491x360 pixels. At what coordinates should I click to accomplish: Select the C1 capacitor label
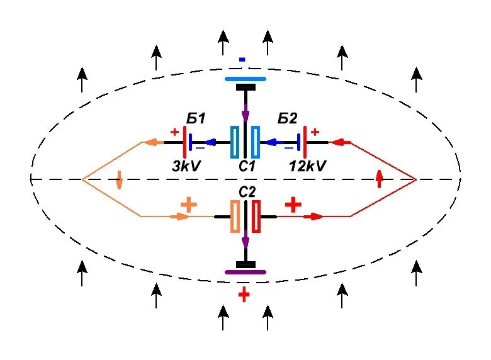245,167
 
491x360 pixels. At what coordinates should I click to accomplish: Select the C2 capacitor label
245,191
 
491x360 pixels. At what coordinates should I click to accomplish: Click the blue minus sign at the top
242,60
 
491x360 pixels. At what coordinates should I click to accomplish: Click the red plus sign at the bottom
244,295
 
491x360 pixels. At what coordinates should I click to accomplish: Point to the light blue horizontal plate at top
245,80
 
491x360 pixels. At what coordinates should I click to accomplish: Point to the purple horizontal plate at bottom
245,272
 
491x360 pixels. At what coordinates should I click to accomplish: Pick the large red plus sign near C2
293,204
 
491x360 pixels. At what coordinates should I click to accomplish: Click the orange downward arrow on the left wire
119,181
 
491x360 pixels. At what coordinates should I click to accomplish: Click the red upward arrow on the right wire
379,179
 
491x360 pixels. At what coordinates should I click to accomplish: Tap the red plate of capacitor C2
256,217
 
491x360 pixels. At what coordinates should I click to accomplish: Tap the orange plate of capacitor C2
235,217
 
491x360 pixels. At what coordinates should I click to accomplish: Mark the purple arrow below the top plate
245,116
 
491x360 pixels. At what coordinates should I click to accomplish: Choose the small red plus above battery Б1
174,132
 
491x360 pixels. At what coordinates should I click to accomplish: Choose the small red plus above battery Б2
315,132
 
